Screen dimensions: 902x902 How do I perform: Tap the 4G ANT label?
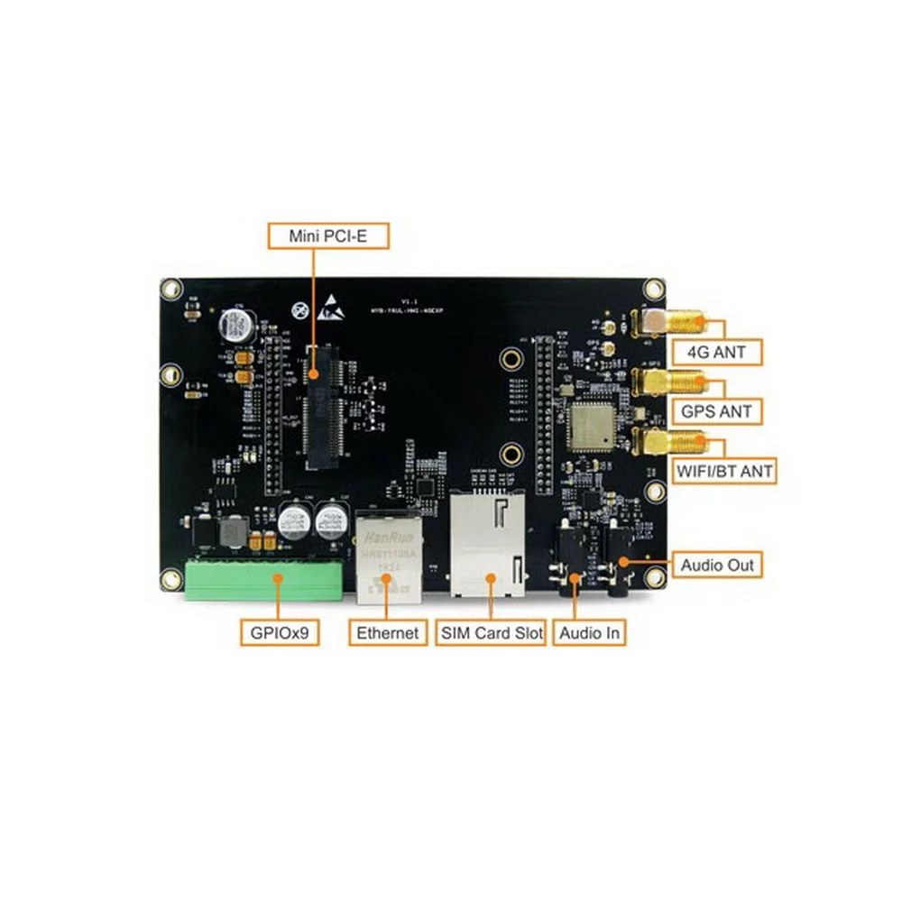[717, 352]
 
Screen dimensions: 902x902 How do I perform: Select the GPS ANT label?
[717, 411]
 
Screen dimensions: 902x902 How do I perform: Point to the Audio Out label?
[718, 566]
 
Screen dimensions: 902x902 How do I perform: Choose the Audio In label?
[589, 632]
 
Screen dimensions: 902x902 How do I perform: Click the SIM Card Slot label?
[492, 632]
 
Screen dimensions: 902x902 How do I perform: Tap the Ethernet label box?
[388, 632]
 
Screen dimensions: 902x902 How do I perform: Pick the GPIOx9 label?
[280, 632]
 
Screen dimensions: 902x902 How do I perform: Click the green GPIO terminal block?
[264, 578]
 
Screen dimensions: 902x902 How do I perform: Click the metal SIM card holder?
[488, 545]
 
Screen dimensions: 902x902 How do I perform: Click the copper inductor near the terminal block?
[234, 533]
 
